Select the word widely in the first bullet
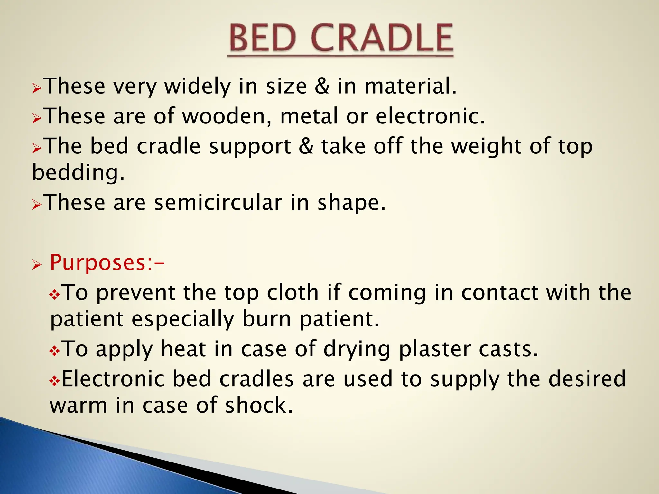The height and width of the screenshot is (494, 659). click(198, 87)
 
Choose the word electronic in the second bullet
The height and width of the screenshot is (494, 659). click(430, 116)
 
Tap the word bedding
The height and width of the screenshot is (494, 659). click(78, 173)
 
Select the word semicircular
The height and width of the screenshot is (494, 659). click(218, 203)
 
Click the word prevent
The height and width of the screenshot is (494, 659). click(135, 293)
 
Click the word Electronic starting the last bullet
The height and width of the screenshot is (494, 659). click(113, 379)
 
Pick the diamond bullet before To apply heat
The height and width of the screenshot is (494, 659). click(54, 351)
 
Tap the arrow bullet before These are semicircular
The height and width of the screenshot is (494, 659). click(37, 205)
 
